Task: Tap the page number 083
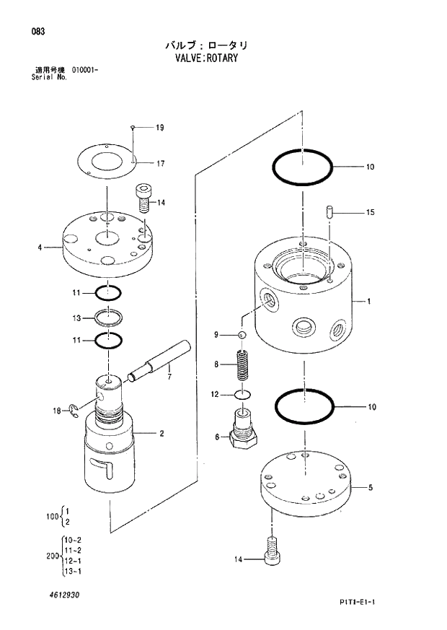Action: pos(30,31)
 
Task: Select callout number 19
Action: pos(159,128)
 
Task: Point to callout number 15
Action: pos(370,212)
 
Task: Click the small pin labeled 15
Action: pos(328,212)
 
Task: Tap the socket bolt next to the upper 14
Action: pos(143,196)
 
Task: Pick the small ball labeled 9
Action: pos(243,335)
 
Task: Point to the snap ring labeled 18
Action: pos(76,411)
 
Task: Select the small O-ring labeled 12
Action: pos(243,395)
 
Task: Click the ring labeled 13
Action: pos(107,318)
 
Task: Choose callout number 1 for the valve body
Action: pos(368,302)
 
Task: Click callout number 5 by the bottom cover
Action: pos(370,488)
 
